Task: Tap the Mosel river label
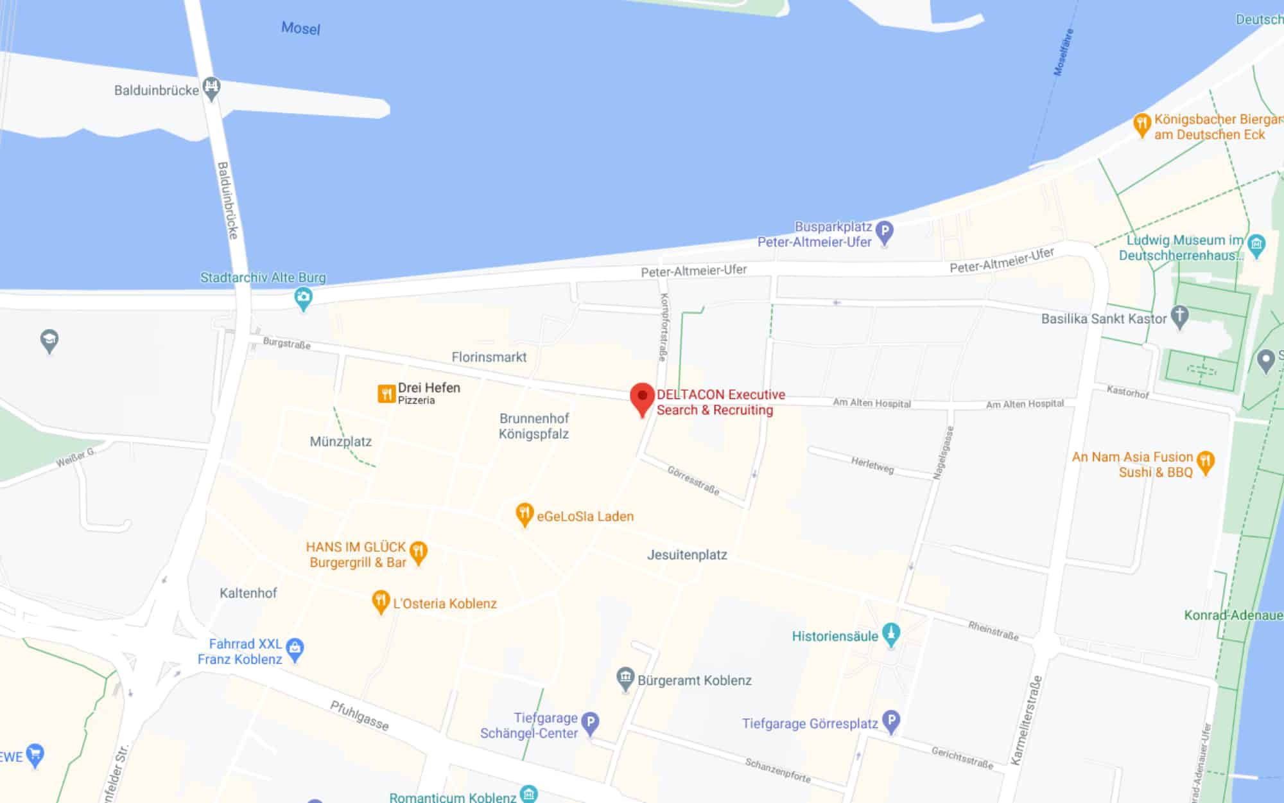[300, 28]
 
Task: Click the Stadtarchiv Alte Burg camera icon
[303, 297]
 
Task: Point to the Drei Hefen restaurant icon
[386, 393]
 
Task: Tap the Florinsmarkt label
[489, 357]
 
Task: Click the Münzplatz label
[340, 441]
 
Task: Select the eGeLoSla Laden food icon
[525, 513]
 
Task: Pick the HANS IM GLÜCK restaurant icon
[419, 551]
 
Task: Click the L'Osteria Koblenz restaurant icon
[381, 601]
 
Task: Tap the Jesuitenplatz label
[687, 555]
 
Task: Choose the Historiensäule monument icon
[890, 634]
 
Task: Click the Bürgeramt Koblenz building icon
[625, 678]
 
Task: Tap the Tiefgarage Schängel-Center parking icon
[590, 722]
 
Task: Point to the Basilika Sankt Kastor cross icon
[1179, 315]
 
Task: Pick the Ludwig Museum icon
[1256, 244]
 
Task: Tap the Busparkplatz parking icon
[885, 231]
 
